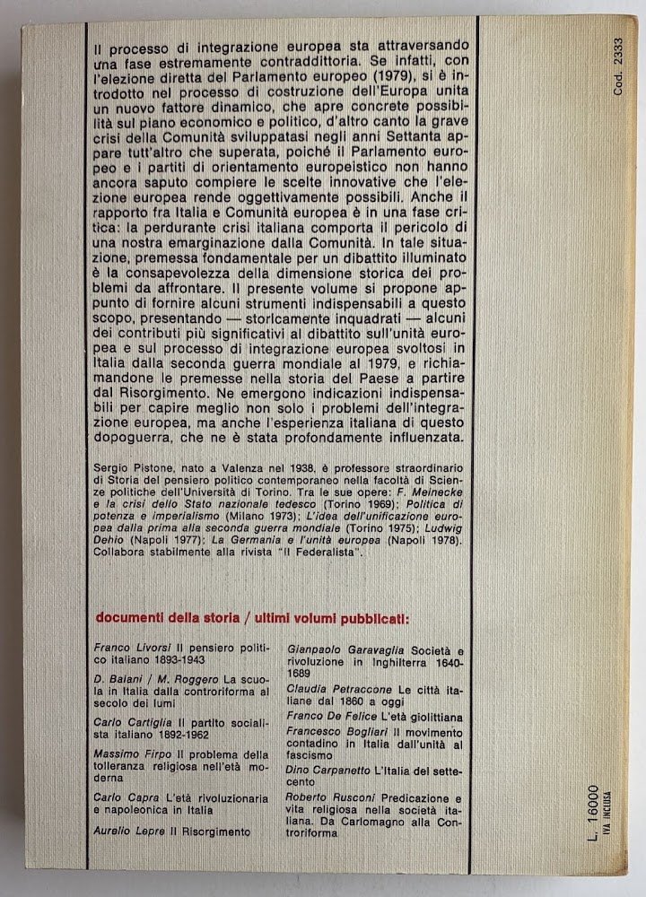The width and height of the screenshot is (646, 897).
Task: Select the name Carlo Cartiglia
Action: coord(129,721)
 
